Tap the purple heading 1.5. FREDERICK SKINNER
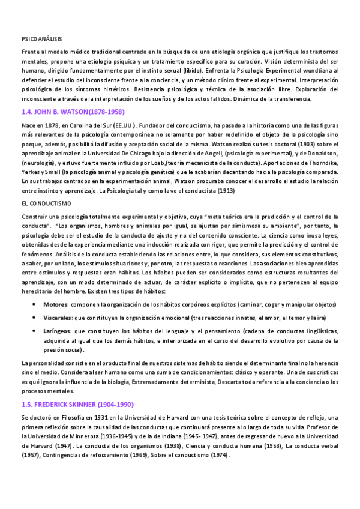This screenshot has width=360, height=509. pyautogui.click(x=77, y=388)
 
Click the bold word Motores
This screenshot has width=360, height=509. pyautogui.click(x=55, y=305)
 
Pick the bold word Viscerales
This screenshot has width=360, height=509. pyautogui.click(x=58, y=318)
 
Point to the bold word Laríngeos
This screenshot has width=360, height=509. pyautogui.click(x=57, y=331)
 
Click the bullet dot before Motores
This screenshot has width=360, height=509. pyautogui.click(x=33, y=305)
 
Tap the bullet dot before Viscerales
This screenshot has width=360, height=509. pyautogui.click(x=33, y=318)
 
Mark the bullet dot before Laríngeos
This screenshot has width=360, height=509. pyautogui.click(x=33, y=331)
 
